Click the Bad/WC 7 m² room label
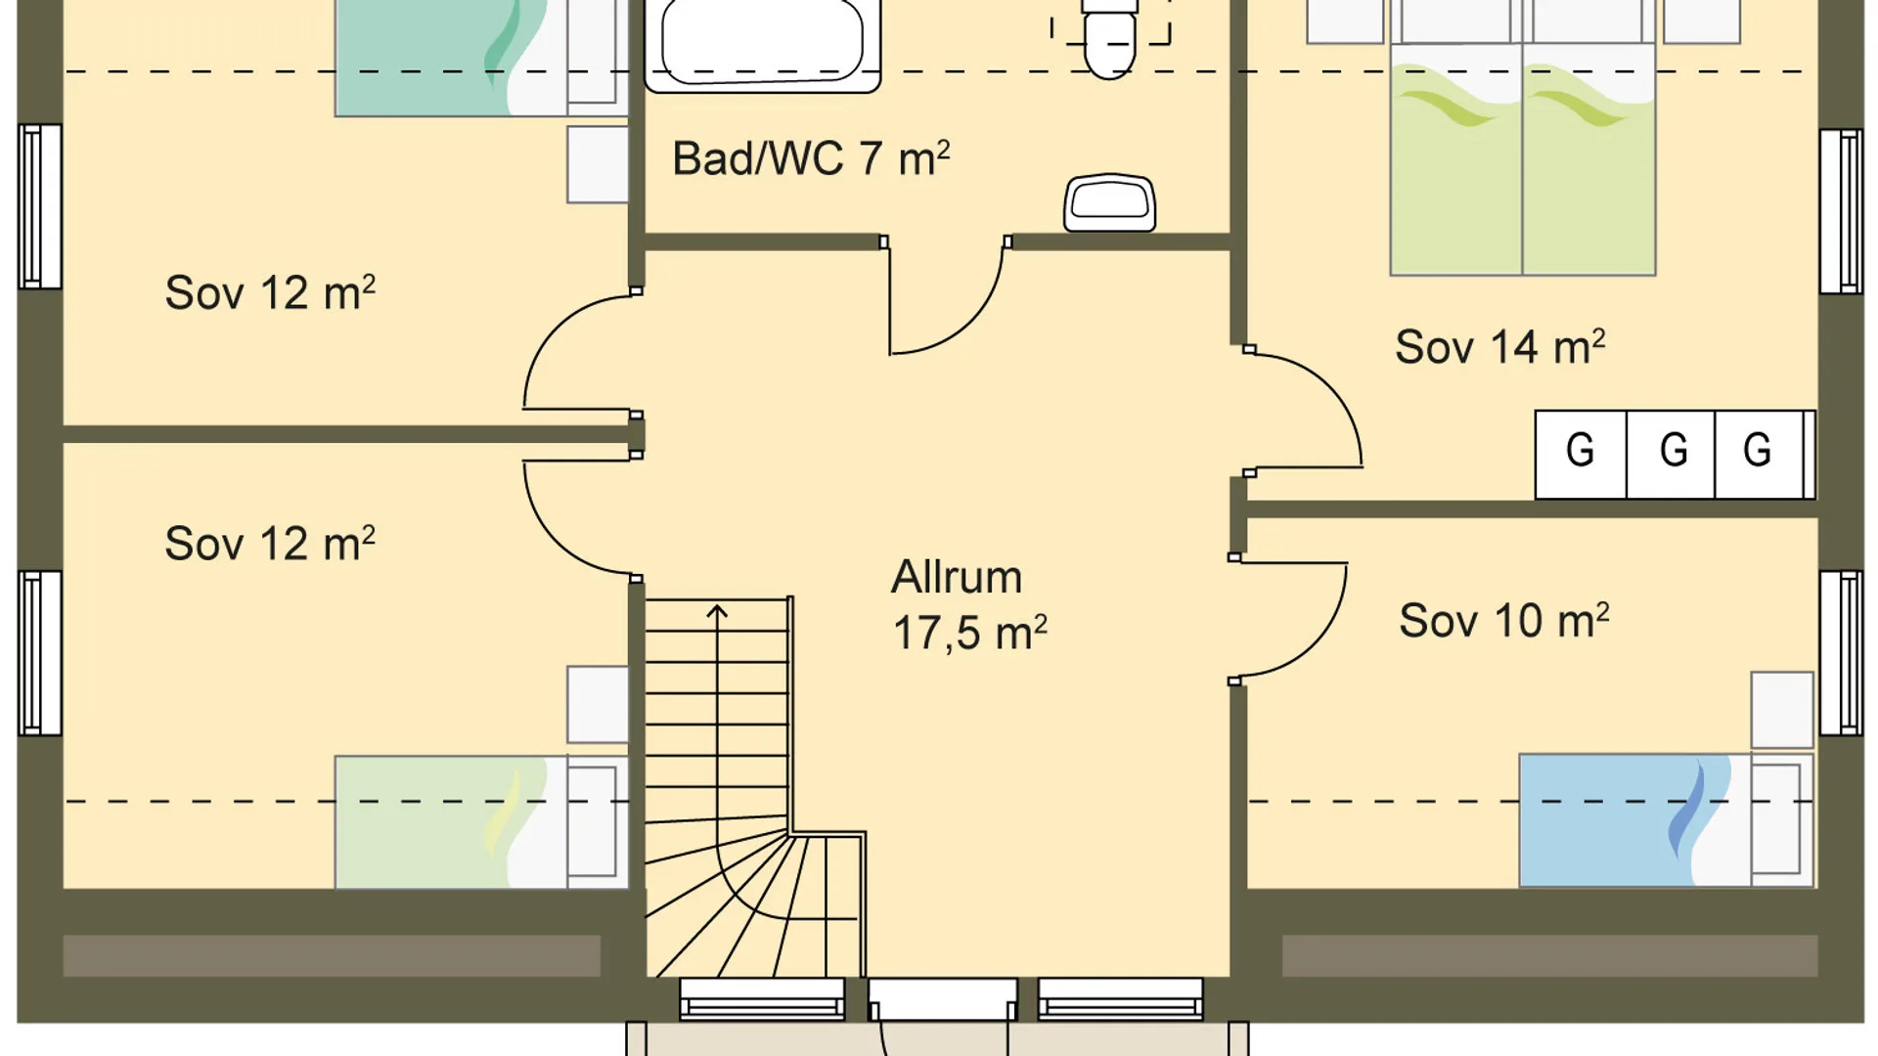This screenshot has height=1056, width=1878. tap(811, 158)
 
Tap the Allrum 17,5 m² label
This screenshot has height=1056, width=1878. tap(968, 605)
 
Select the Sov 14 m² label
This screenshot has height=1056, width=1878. tap(1499, 347)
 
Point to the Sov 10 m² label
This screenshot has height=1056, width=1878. tap(1503, 621)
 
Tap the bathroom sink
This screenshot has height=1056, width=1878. tap(1110, 202)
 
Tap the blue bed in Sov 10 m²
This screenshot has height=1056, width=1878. tap(1666, 820)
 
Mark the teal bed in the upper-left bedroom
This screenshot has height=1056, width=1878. tap(481, 59)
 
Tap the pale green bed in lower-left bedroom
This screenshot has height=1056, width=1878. tap(481, 821)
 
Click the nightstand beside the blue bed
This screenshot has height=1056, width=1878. tap(1782, 710)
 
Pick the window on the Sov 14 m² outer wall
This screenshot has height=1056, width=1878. tap(1841, 211)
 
